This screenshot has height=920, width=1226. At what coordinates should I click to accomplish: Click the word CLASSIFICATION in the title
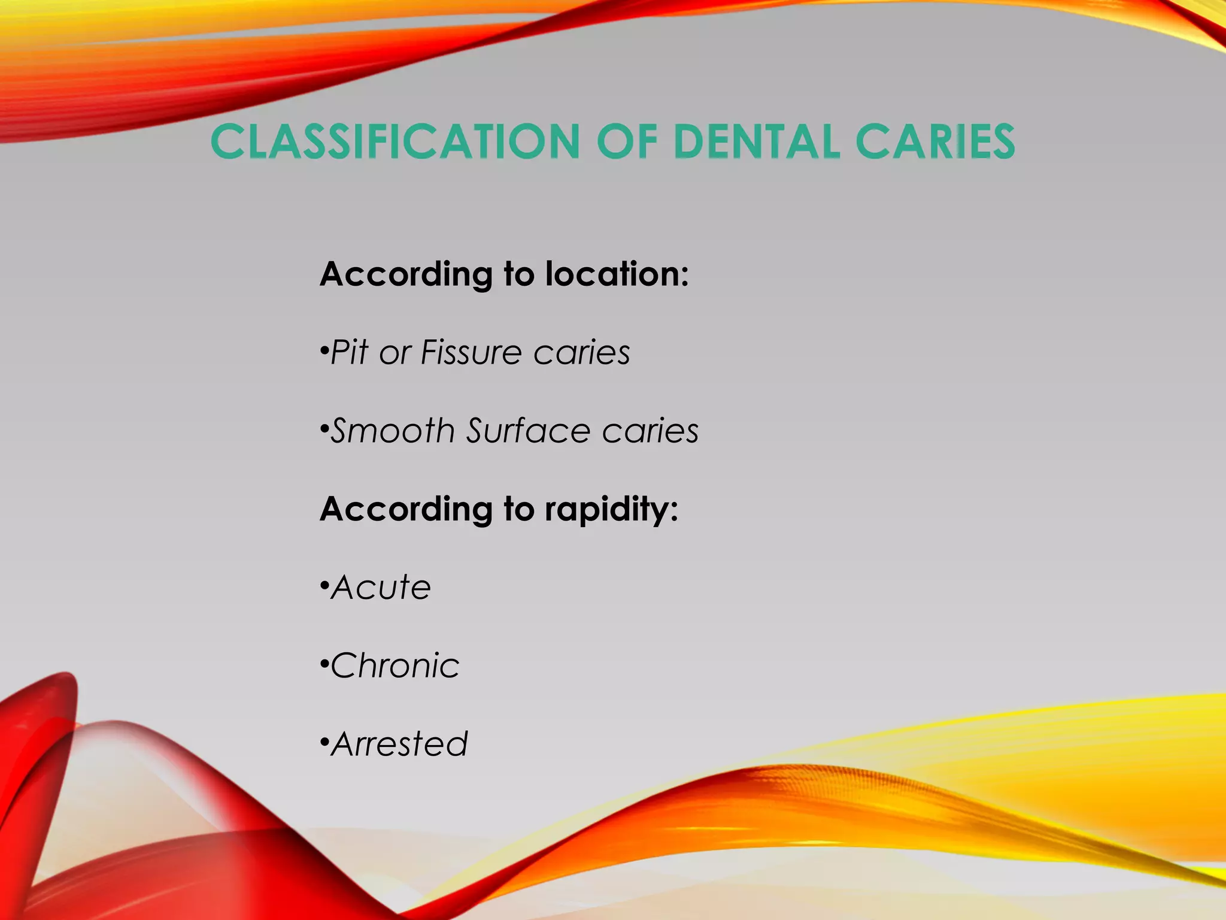[x=395, y=142]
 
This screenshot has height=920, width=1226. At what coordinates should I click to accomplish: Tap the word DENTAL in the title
[x=757, y=142]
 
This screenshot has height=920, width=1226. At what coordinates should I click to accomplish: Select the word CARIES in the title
[x=935, y=142]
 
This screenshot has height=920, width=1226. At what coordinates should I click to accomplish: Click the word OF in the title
[x=627, y=142]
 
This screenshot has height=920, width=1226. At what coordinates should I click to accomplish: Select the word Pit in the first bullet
[x=349, y=352]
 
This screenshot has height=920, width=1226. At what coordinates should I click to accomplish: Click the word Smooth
[x=393, y=431]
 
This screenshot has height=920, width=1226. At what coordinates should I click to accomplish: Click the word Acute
[x=381, y=588]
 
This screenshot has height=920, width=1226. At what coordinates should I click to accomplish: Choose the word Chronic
[x=395, y=665]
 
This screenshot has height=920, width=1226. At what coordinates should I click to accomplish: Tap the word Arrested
[x=399, y=745]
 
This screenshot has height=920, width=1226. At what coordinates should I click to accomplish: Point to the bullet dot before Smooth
[x=324, y=429]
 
